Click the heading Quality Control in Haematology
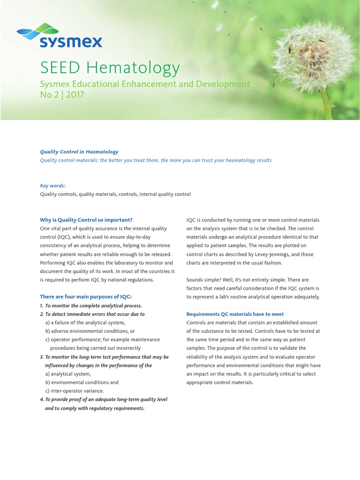[79, 152]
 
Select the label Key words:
[52, 186]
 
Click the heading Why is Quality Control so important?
[86, 220]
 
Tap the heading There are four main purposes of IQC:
[86, 297]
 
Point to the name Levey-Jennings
[289, 255]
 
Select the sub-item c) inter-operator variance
[75, 391]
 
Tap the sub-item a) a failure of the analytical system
[85, 322]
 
